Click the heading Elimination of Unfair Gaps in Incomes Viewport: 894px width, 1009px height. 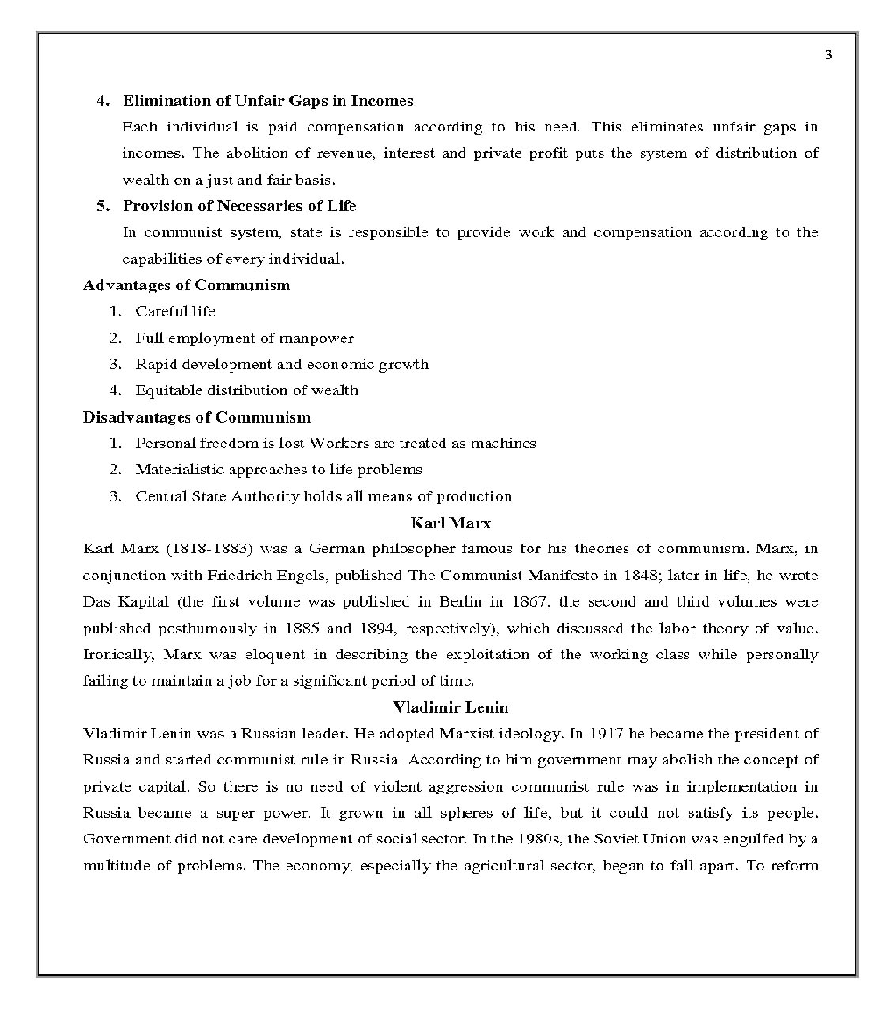[267, 101]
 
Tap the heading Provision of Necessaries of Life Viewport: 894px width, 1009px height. [239, 206]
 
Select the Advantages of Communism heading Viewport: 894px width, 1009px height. [186, 285]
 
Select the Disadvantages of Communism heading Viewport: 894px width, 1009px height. [196, 417]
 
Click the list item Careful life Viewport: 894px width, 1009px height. [174, 311]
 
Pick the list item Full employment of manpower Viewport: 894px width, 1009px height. [244, 338]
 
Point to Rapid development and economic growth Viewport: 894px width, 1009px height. [281, 364]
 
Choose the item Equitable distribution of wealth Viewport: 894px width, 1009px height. [246, 390]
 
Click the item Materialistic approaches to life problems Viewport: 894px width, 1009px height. [278, 470]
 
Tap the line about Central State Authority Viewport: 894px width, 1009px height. [323, 496]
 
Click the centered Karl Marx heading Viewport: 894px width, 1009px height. [451, 523]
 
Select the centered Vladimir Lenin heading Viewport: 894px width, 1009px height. [451, 707]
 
